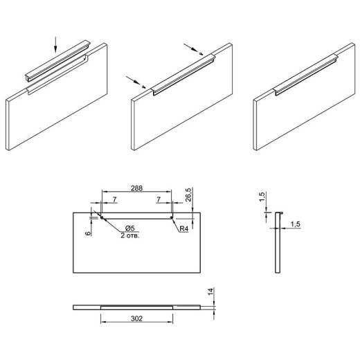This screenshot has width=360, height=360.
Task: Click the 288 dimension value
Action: point(137,188)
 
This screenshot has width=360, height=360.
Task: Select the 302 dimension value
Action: point(137,318)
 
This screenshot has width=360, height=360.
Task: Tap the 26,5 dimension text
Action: point(188,195)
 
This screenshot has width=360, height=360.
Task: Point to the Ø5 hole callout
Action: point(130,228)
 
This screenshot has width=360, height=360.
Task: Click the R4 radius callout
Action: point(184,228)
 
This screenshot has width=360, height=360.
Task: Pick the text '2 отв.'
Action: point(130,235)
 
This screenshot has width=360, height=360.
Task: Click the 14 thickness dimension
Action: point(211,291)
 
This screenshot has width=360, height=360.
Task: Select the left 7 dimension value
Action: point(115,199)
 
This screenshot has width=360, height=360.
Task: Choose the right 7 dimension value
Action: point(159,199)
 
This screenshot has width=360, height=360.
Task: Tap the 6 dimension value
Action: point(88,233)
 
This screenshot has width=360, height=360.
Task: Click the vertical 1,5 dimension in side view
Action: point(262,197)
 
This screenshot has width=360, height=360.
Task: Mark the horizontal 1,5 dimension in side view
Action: point(295,224)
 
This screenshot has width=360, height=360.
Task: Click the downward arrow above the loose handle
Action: point(55,44)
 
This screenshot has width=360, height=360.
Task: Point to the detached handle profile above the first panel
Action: point(57,62)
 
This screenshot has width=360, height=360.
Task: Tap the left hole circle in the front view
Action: point(102,217)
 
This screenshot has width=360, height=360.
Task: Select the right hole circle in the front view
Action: point(171,217)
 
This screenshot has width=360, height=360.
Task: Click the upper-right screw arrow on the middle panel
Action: point(191,48)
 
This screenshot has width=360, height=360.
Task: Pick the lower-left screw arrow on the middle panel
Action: point(134,80)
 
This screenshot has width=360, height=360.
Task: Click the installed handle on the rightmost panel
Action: point(306,75)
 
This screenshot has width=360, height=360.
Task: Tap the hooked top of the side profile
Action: point(280,213)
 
